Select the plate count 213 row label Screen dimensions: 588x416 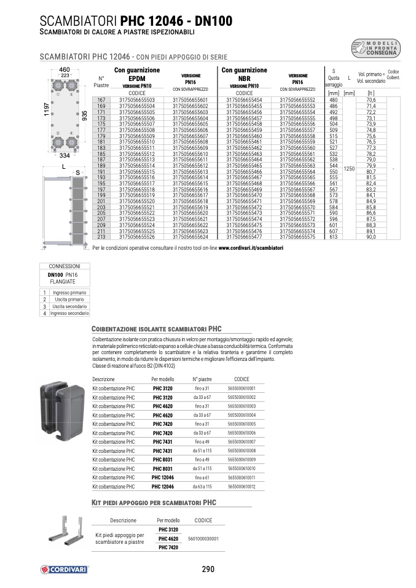[102, 236]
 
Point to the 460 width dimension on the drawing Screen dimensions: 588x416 [64, 70]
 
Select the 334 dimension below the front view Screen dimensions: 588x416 [64, 155]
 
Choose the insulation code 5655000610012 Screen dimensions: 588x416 [241, 486]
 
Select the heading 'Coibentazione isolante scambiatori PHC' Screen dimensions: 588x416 [156, 328]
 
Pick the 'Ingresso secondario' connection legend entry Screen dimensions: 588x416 [69, 313]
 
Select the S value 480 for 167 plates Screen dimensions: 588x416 [334, 99]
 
